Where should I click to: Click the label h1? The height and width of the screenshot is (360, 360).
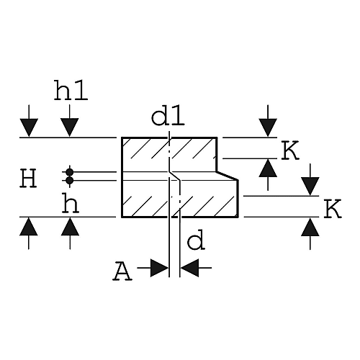pyautogui.click(x=71, y=90)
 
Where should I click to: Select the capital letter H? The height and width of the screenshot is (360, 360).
pyautogui.click(x=28, y=178)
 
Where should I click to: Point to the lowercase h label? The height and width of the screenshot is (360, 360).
pyautogui.click(x=71, y=204)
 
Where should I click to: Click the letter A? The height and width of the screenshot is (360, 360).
pyautogui.click(x=122, y=271)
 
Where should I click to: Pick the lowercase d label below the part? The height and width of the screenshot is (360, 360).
pyautogui.click(x=196, y=240)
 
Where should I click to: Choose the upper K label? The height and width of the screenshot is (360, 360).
pyautogui.click(x=290, y=150)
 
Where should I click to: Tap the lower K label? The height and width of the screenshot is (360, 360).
pyautogui.click(x=333, y=209)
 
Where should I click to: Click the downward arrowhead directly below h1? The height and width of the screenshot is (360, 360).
pyautogui.click(x=70, y=127)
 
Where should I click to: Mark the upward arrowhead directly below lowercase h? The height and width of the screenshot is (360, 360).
pyautogui.click(x=70, y=226)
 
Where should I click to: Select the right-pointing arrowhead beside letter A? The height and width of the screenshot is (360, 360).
pyautogui.click(x=159, y=268)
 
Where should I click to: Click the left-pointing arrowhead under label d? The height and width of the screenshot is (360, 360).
pyautogui.click(x=189, y=268)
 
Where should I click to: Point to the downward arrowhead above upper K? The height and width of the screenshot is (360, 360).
pyautogui.click(x=268, y=127)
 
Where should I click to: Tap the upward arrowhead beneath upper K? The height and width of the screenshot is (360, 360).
pyautogui.click(x=268, y=168)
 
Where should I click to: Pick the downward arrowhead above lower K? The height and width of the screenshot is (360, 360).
pyautogui.click(x=310, y=186)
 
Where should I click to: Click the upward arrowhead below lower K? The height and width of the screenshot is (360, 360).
pyautogui.click(x=310, y=227)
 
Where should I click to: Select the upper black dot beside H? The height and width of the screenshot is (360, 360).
pyautogui.click(x=70, y=172)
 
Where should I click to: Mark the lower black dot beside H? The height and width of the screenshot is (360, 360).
pyautogui.click(x=70, y=180)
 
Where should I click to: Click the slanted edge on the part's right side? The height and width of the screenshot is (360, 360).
pyautogui.click(x=228, y=176)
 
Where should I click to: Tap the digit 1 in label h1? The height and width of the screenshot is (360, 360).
pyautogui.click(x=81, y=90)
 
